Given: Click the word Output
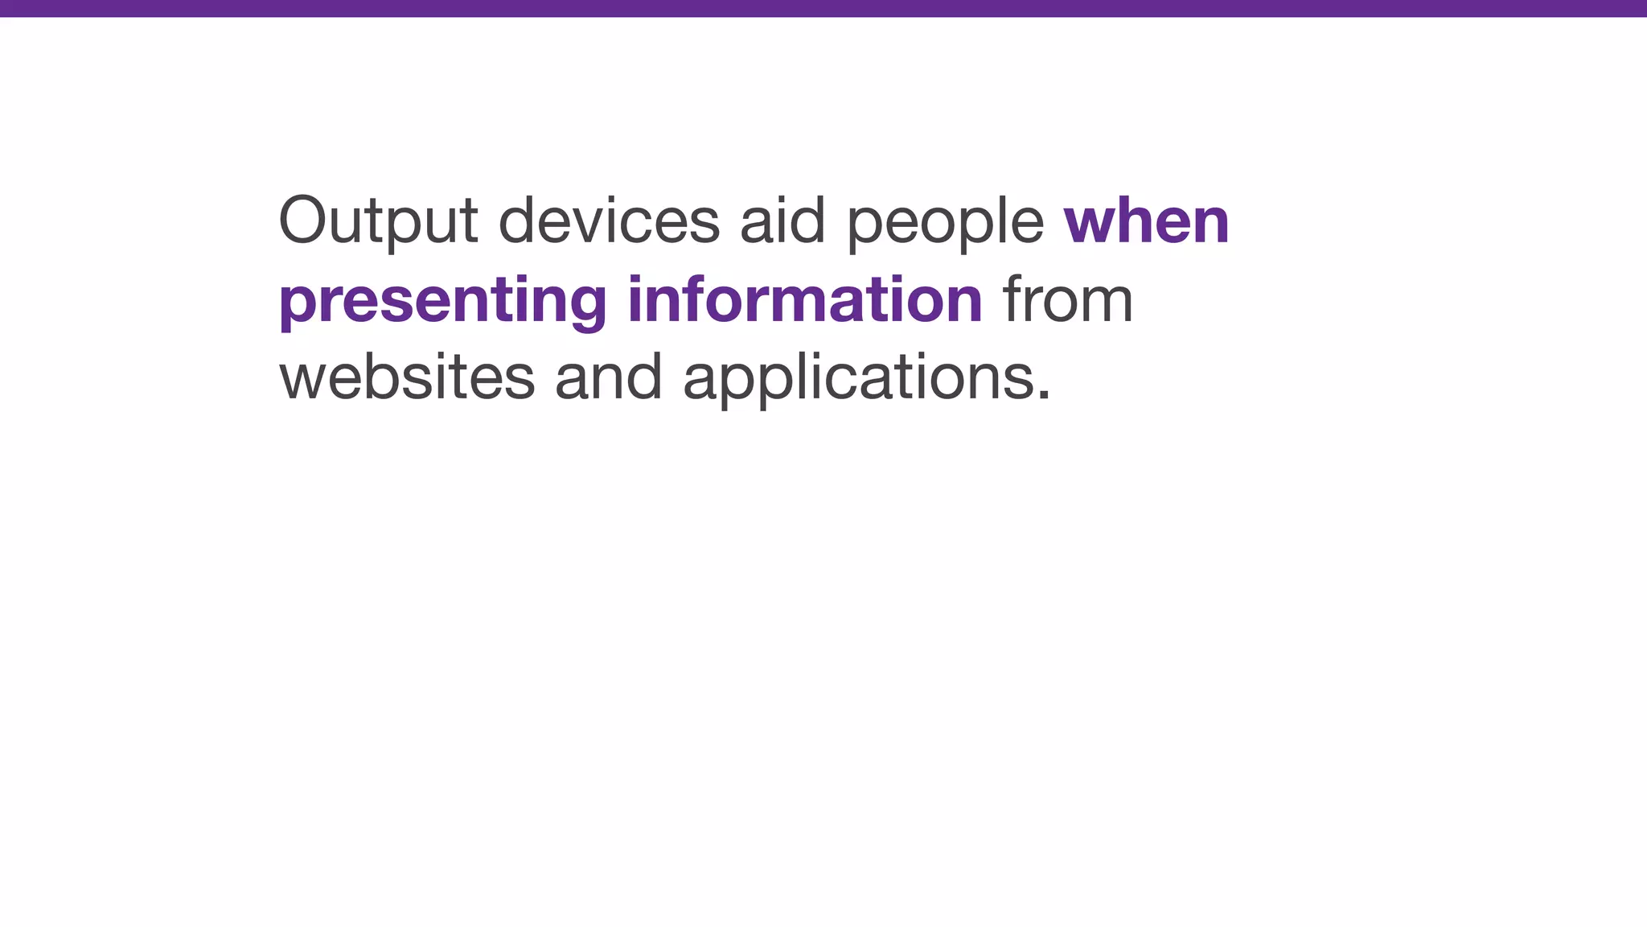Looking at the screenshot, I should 378,221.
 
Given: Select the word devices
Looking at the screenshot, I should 609,221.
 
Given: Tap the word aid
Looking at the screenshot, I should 782,221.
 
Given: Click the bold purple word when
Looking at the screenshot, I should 1146,221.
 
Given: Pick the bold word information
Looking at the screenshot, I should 804,299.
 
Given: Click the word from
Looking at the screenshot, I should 1068,299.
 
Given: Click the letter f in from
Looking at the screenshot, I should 1014,298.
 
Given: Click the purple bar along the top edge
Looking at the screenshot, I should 823,8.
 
